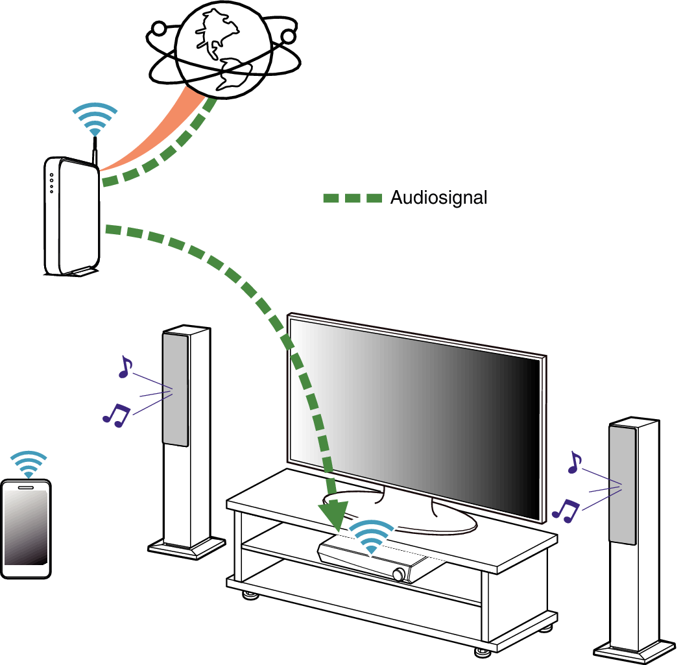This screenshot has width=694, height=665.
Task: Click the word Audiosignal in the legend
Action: pos(438,198)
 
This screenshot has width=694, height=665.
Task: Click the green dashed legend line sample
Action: pos(352,199)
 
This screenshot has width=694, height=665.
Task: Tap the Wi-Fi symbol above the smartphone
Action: pos(29,464)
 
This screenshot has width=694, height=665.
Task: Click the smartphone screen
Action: pos(26,529)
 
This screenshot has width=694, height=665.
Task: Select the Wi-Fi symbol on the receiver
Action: pos(370,537)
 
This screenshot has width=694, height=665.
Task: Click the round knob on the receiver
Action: pos(398,574)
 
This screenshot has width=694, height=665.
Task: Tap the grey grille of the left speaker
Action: pos(176,389)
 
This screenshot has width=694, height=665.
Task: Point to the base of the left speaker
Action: pos(187,547)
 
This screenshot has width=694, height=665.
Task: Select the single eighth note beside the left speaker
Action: pos(124,367)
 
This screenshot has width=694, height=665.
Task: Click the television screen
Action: pos(415,415)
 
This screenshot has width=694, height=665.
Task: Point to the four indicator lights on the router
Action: pos(52,182)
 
